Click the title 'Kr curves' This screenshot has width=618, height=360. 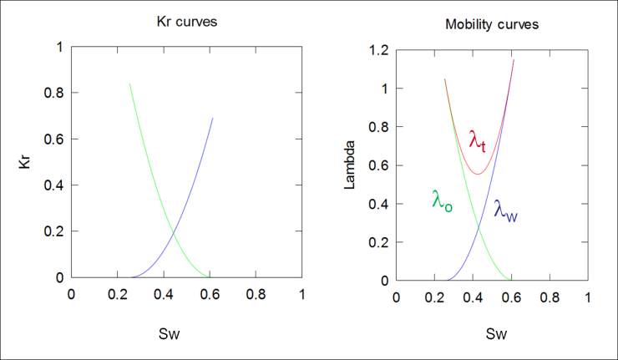pos(187,21)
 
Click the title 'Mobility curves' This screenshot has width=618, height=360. pos(492,24)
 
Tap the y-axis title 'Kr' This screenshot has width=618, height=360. pos(24,162)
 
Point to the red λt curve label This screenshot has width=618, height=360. pos(478,140)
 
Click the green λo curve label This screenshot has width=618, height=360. pos(443,200)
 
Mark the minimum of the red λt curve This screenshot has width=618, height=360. pos(477,174)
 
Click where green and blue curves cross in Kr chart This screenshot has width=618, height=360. pos(174,231)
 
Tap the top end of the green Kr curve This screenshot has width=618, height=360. pos(129,84)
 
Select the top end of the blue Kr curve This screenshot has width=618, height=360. pos(213,119)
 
